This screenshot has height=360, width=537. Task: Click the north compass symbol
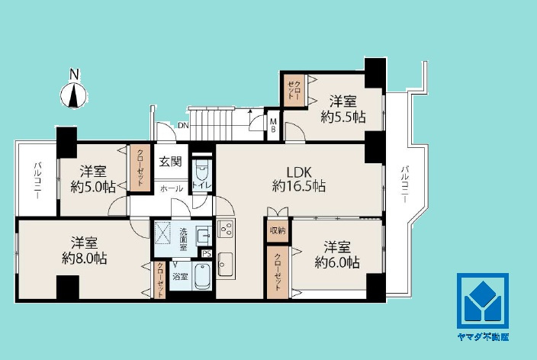pos(73,95)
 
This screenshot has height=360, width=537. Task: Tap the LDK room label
pos(299,172)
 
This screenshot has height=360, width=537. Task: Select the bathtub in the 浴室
pos(202,277)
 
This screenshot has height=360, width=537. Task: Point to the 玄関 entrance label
pos(170,162)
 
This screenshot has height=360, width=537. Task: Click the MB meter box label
pos(273,125)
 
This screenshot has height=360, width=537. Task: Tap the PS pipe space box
pos(207,253)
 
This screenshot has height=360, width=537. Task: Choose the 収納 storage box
pos(278,230)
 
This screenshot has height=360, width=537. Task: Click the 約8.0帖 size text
pos(84,258)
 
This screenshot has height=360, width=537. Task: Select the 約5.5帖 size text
pos(343,117)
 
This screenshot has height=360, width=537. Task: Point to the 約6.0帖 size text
pos(337,262)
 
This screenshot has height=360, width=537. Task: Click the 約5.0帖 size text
pos(93,187)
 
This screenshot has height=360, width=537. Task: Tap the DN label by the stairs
pos(183,125)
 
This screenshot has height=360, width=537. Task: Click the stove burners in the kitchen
pos(225,229)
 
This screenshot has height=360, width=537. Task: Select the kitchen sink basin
pos(225,263)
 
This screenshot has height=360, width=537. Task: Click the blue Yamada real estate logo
pos(483,301)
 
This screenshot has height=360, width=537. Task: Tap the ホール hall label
pos(172,188)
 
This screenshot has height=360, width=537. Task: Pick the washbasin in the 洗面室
pos(204,236)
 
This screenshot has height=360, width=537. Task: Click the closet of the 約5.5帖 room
pos(295,90)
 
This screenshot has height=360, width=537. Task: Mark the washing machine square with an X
pos(162,233)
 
